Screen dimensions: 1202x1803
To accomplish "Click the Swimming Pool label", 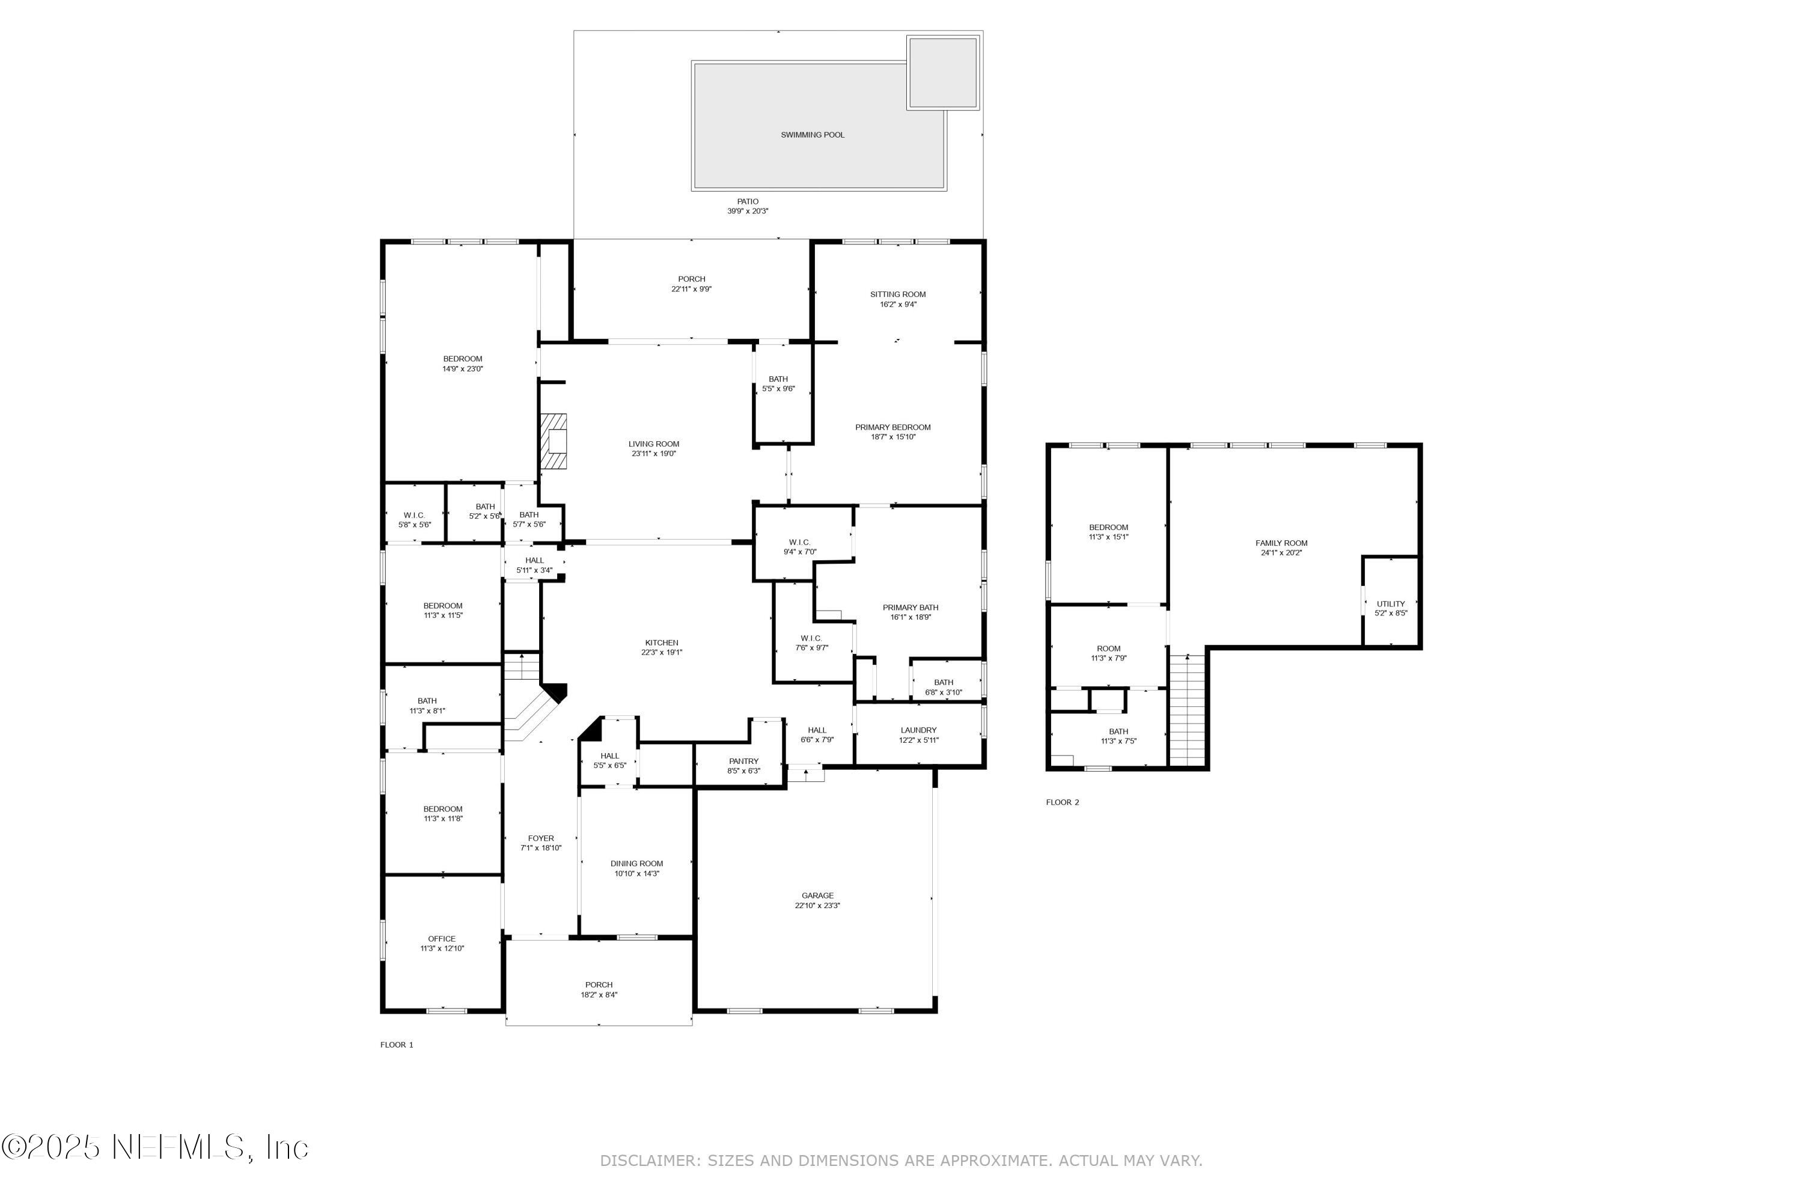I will [812, 135].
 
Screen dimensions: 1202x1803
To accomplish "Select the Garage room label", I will [817, 895].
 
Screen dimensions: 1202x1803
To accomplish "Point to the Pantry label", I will [743, 761].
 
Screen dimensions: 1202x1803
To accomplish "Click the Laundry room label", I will [918, 731].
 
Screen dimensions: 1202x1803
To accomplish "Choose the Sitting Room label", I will [898, 294].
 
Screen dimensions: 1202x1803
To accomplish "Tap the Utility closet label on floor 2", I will [1391, 604].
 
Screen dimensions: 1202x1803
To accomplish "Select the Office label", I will [442, 938].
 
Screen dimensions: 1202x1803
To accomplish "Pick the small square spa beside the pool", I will [942, 72].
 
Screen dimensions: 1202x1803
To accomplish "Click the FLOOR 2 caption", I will [1062, 802].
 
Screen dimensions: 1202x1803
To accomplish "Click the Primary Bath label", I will [910, 608].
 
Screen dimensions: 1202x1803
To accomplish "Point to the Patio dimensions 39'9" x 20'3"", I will [748, 211].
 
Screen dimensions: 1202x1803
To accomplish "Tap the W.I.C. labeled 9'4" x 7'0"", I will [799, 543].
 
